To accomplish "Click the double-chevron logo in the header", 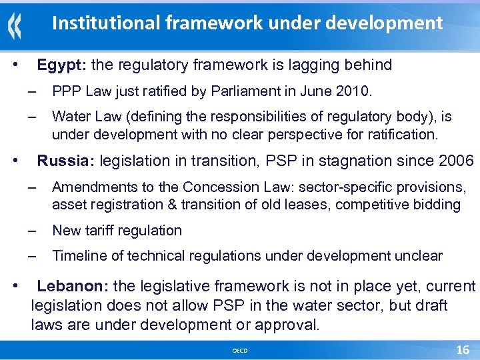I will point(15,27).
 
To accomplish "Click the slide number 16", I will point(462,350).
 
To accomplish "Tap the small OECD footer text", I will point(240,351).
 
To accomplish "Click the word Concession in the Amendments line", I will point(217,187).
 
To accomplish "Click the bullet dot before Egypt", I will point(16,65).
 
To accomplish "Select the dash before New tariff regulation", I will point(31,231).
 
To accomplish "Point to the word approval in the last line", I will point(285,325).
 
